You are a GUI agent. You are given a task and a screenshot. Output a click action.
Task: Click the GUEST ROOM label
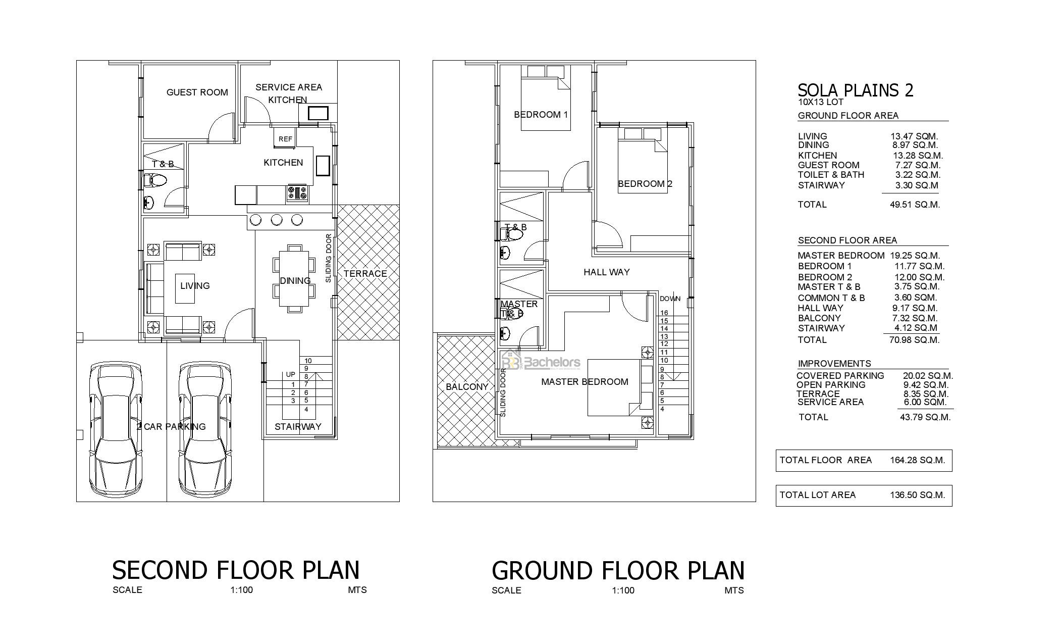click(197, 92)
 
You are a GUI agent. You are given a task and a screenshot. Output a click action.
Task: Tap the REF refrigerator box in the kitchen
click(285, 138)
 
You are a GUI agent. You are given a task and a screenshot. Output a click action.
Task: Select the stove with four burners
click(297, 193)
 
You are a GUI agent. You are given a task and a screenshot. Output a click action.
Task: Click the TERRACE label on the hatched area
click(365, 274)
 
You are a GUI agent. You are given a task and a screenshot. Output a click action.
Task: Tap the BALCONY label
click(467, 387)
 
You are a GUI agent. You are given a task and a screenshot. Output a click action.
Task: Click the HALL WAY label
click(606, 272)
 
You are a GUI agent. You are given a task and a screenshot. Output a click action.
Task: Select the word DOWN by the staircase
click(670, 299)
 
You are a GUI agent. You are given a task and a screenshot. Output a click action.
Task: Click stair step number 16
click(664, 313)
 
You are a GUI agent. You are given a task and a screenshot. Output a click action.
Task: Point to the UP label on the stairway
click(290, 375)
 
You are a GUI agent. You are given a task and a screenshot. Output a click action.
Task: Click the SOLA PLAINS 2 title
click(855, 90)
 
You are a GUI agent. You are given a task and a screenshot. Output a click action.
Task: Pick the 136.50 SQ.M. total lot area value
click(917, 495)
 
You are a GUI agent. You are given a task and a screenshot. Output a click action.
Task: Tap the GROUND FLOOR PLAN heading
click(618, 570)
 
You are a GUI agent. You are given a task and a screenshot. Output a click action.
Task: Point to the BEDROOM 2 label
click(645, 184)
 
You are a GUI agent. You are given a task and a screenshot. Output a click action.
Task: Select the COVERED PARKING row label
click(840, 376)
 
